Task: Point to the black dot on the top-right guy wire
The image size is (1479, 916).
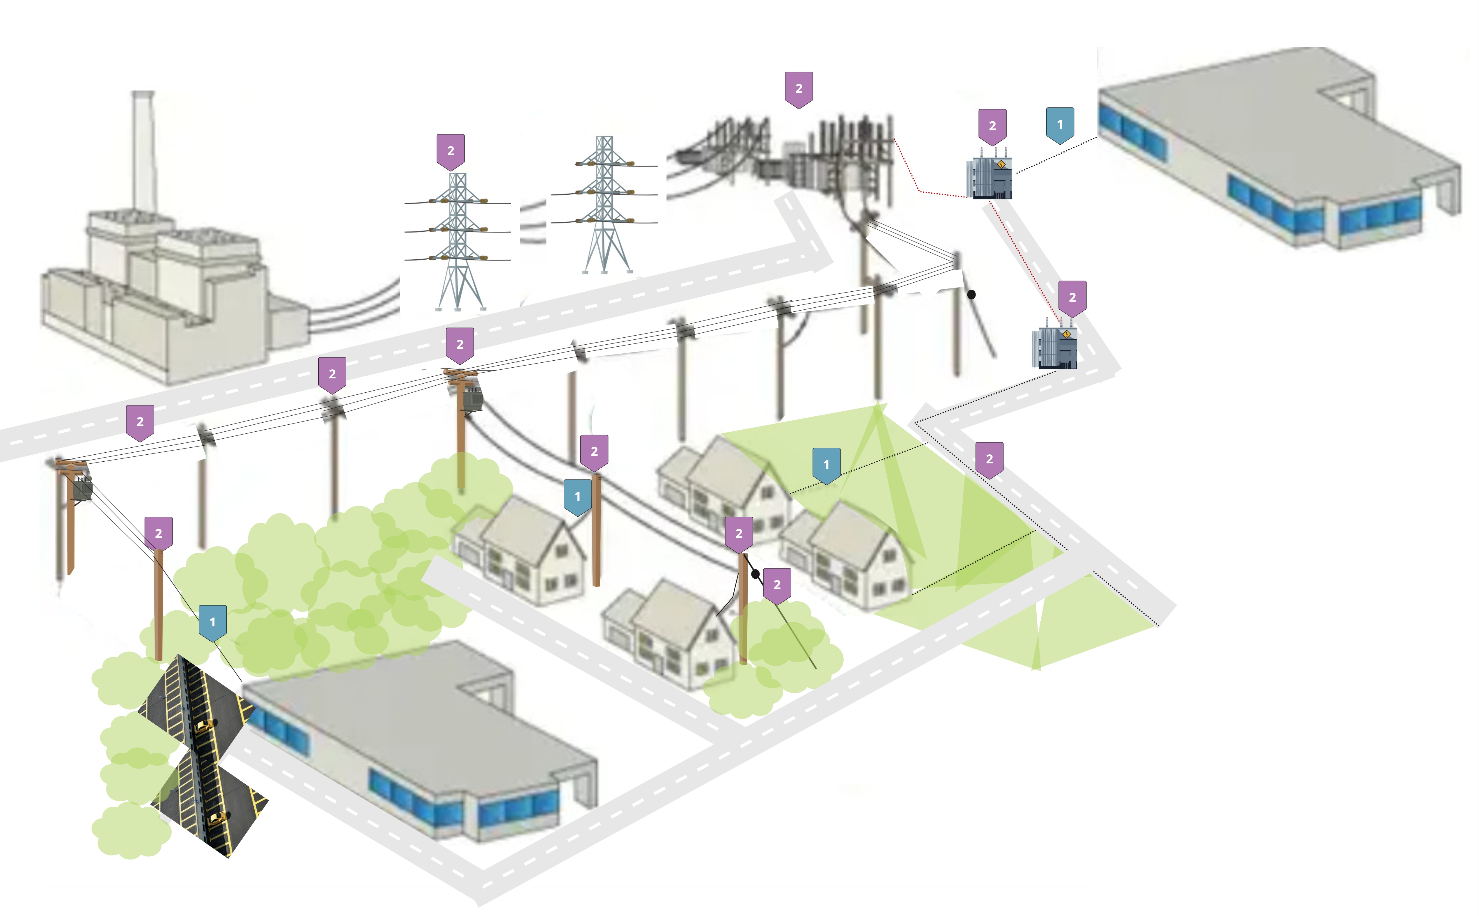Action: [x=971, y=295]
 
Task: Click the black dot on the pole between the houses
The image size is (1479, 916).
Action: [x=755, y=574]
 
